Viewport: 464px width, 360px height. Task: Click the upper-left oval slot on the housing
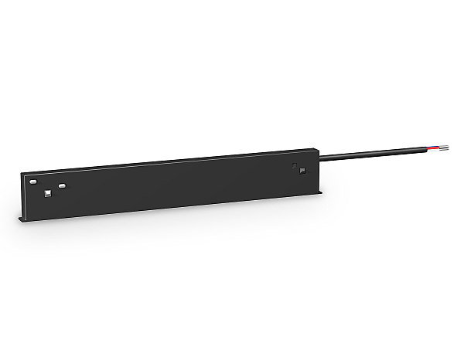pos(33,181)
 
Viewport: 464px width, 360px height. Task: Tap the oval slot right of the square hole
pos(61,185)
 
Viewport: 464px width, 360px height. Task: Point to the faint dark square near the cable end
pos(294,165)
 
